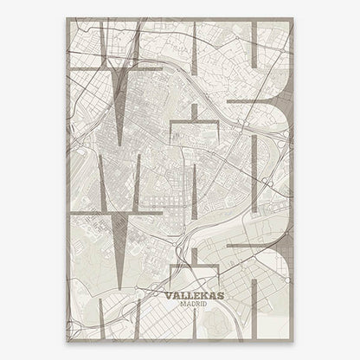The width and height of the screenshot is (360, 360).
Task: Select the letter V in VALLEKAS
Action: tap(166, 293)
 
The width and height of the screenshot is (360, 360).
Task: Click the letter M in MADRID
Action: tap(176, 303)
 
